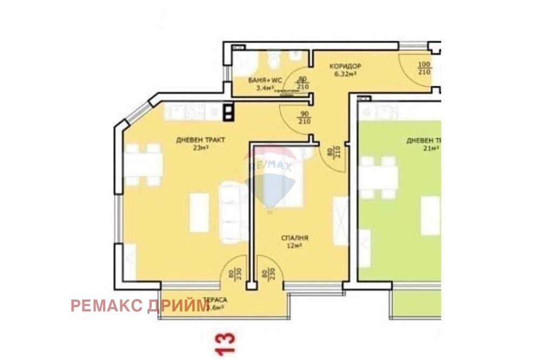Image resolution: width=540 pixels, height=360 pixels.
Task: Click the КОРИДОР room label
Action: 345,66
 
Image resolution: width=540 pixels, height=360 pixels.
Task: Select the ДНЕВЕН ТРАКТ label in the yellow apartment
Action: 200,140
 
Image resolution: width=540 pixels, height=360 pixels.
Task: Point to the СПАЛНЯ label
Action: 294,237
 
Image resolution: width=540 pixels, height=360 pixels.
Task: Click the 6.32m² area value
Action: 346,73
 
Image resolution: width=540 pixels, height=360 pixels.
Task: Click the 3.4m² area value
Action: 265,87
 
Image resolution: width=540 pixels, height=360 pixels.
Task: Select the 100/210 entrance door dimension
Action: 424,68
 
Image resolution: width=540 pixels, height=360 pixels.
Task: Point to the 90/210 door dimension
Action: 303,118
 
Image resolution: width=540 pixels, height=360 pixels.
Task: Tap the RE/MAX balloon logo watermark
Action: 269,178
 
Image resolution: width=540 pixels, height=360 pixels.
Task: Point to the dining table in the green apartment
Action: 378,178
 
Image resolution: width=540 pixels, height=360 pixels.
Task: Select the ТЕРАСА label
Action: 215,300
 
